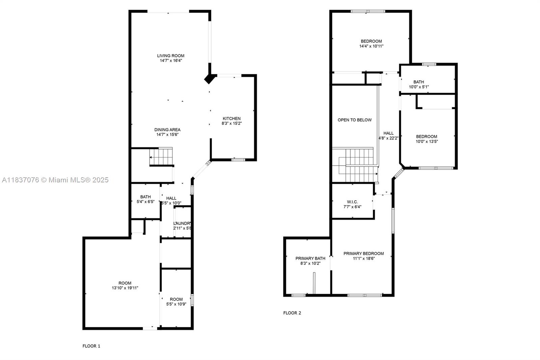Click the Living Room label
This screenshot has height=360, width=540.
[171, 56]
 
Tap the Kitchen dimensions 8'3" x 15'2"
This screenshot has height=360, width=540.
[232, 124]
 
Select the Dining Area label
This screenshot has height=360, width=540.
[167, 130]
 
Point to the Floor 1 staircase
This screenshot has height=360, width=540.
[161, 157]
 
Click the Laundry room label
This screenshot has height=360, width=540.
[183, 224]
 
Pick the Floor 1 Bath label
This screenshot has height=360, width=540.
[145, 197]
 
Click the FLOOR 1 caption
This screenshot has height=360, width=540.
[91, 346]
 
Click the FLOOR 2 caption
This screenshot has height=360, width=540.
[292, 313]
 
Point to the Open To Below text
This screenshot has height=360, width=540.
[354, 120]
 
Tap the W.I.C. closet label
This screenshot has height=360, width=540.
[352, 202]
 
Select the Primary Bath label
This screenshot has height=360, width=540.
[310, 258]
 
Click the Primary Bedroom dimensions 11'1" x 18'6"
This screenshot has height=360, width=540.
[363, 259]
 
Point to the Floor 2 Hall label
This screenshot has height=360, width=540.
[388, 133]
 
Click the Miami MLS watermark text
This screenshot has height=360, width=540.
[55, 180]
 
